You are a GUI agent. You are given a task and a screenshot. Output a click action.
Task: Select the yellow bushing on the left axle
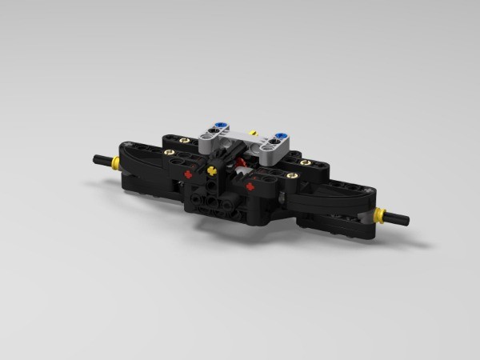pyautogui.click(x=116, y=162)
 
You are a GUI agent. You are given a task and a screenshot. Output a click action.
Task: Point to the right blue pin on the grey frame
pyautogui.click(x=280, y=137)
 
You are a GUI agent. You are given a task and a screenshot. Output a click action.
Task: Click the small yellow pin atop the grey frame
pyautogui.click(x=253, y=133)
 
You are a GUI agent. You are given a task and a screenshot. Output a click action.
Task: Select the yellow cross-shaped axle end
pyautogui.click(x=211, y=170)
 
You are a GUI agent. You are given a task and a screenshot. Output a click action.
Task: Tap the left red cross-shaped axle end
pyautogui.click(x=188, y=173)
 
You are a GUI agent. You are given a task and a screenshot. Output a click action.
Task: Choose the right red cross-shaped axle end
pyautogui.click(x=250, y=186)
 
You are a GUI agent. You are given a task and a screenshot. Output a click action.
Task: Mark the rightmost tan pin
pyautogui.click(x=306, y=162)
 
